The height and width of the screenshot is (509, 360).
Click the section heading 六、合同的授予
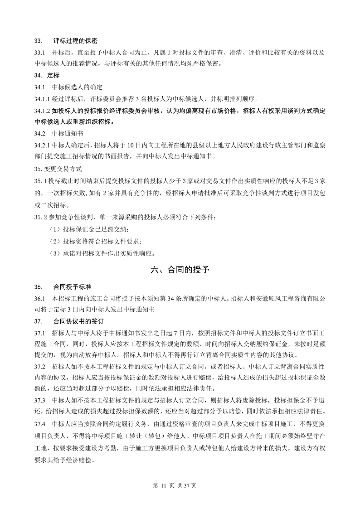(180, 270)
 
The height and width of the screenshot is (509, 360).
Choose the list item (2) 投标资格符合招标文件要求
(96, 240)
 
